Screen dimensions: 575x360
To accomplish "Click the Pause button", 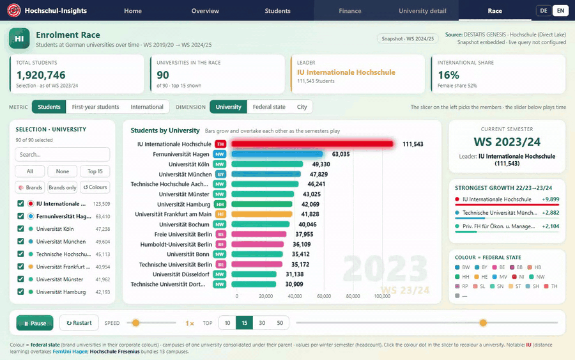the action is click(35, 323).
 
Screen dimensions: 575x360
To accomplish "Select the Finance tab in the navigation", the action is click(350, 11).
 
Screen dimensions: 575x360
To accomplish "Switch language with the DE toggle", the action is click(544, 11).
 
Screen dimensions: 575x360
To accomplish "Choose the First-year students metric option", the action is click(95, 107).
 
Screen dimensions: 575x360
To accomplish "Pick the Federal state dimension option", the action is click(269, 107).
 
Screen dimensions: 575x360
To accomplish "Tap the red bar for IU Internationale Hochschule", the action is click(312, 144).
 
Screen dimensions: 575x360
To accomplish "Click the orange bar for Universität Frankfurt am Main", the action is click(262, 214).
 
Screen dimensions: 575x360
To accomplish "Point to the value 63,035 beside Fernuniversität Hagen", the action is click(341, 154).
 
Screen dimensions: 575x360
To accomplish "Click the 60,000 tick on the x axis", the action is click(324, 296).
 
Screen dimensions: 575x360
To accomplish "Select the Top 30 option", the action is click(262, 323).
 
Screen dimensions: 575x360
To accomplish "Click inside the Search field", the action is click(63, 155).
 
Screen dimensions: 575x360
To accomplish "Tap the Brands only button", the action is click(63, 187).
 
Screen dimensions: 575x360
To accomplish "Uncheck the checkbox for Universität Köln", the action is click(20, 229).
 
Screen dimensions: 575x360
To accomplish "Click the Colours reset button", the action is click(95, 187).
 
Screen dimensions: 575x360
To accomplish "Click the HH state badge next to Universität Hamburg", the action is click(220, 204).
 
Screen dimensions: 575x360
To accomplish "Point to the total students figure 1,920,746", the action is click(41, 75).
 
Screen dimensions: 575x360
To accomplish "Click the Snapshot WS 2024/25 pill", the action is click(408, 38).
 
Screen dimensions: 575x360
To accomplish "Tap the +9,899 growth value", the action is click(551, 200).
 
